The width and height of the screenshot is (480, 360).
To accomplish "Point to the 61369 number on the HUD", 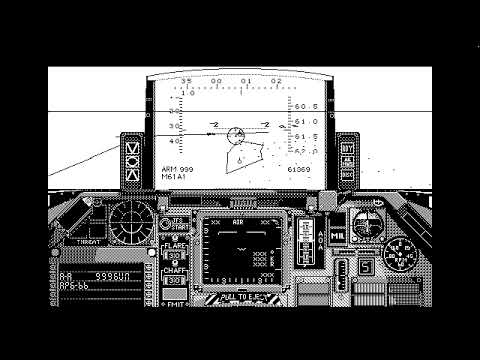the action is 298,170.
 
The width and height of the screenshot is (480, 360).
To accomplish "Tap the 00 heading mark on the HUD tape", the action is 217,81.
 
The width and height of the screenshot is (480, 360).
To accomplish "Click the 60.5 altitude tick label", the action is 307,106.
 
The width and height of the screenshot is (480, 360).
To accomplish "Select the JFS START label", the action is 177,224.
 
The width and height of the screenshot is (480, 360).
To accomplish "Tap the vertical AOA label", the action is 320,232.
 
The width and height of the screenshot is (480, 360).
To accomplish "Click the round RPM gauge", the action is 402,258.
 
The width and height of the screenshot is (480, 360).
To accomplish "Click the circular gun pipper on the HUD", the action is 236,135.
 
